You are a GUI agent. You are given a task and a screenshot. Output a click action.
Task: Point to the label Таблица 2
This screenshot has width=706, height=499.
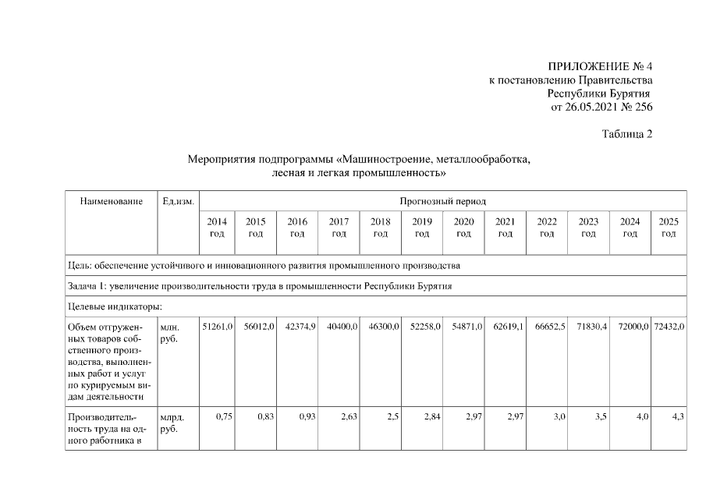pyautogui.click(x=627, y=134)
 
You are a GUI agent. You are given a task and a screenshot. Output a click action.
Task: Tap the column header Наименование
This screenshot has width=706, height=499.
pyautogui.click(x=112, y=201)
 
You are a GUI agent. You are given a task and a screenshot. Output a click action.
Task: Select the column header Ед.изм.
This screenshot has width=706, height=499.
pyautogui.click(x=178, y=201)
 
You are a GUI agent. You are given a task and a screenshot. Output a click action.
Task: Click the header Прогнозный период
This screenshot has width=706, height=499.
pyautogui.click(x=442, y=201)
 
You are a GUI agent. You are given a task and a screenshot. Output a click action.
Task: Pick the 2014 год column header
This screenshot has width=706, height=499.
pyautogui.click(x=218, y=227)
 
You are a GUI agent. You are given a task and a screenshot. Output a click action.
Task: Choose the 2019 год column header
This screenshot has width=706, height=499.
pyautogui.click(x=422, y=227)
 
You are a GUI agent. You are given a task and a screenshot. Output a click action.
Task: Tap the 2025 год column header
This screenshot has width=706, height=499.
pyautogui.click(x=669, y=227)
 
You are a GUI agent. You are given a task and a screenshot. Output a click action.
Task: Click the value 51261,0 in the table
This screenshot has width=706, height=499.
pyautogui.click(x=218, y=326)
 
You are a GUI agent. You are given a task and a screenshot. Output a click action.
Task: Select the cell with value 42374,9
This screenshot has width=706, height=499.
pyautogui.click(x=301, y=326)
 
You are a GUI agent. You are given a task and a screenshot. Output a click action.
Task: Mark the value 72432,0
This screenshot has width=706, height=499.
pyautogui.click(x=669, y=326)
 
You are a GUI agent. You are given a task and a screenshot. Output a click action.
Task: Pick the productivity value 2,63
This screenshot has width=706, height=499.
pyautogui.click(x=348, y=417)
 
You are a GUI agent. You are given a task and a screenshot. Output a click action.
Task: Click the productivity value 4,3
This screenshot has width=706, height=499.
pyautogui.click(x=678, y=417)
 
